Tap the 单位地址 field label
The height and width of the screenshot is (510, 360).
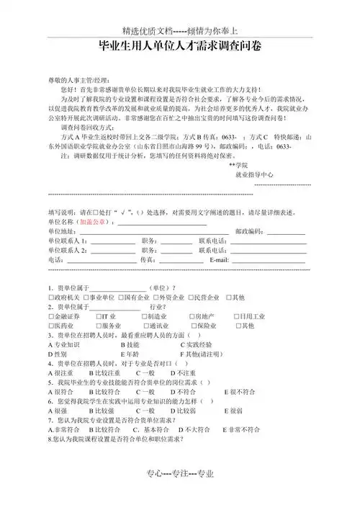(61, 231)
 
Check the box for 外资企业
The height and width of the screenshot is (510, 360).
(156, 297)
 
